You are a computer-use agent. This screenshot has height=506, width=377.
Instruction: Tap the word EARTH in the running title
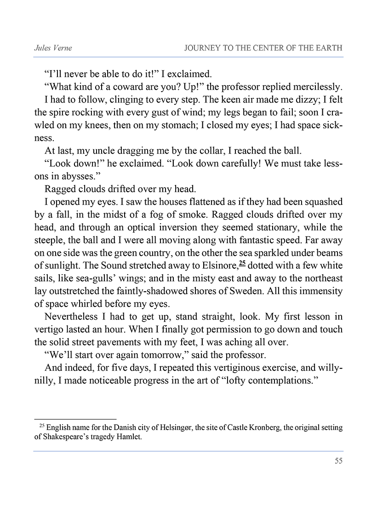(328, 48)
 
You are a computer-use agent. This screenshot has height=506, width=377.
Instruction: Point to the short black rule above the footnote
(75, 419)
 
